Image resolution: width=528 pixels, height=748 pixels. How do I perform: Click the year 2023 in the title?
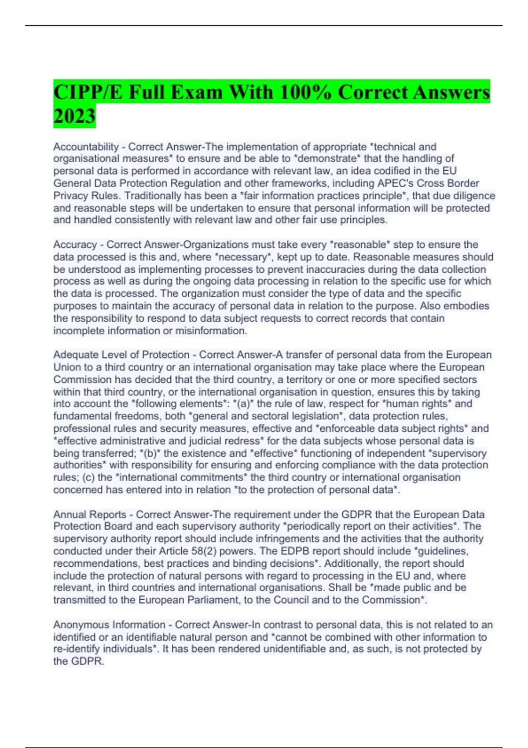[74, 116]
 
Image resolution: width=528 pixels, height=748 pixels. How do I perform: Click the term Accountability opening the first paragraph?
[86, 147]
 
